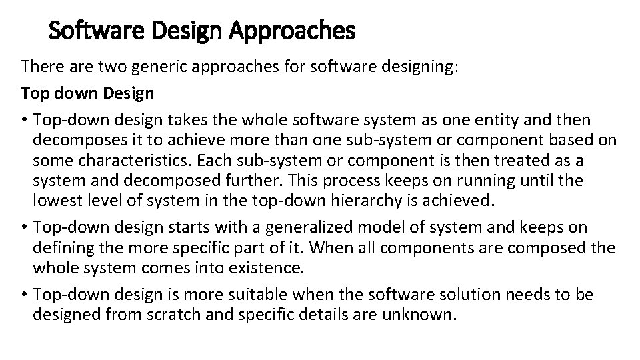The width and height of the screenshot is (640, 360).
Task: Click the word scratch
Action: pyautogui.click(x=183, y=315)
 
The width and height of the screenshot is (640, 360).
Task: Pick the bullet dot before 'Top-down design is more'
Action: pyautogui.click(x=25, y=295)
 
